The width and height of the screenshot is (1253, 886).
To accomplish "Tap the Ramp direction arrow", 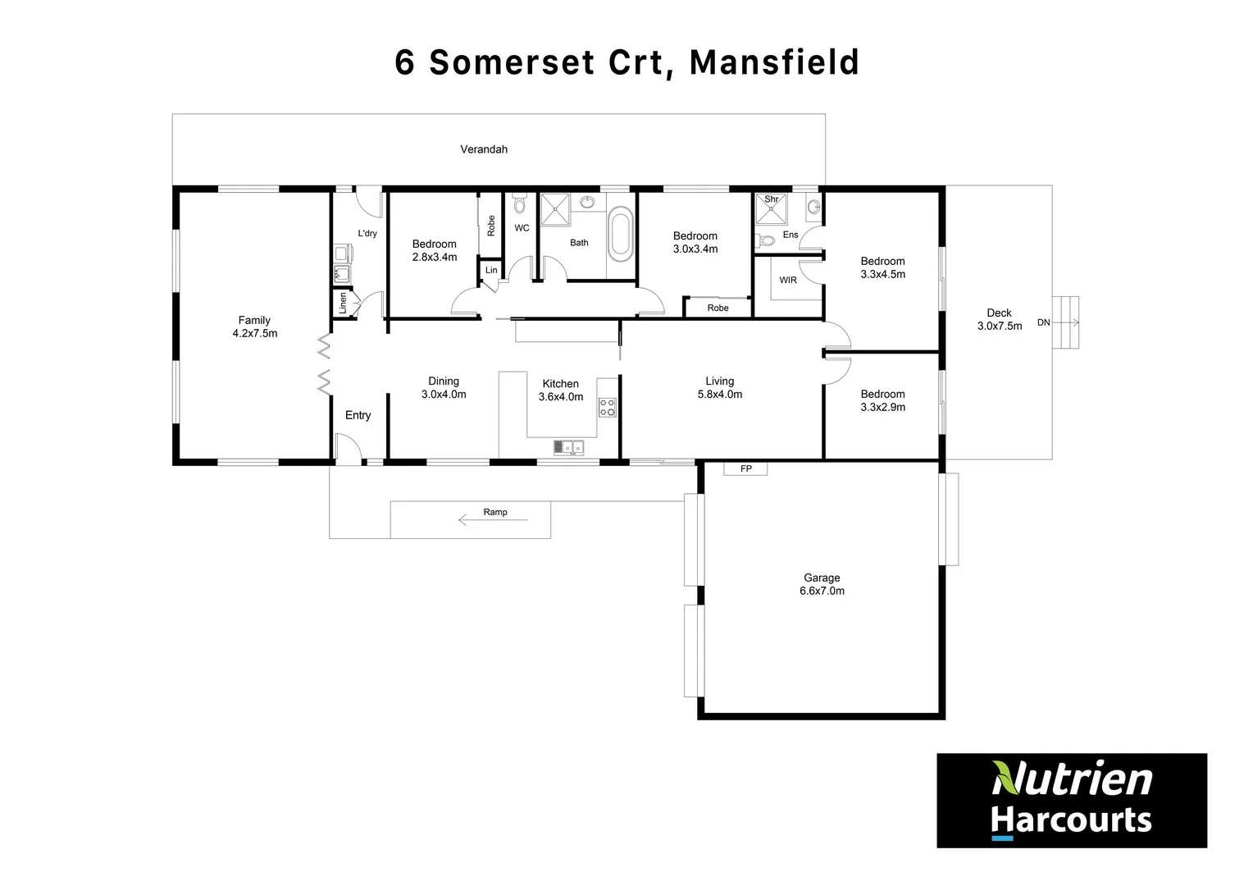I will (x=492, y=519).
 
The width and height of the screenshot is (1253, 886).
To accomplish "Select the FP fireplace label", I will (x=746, y=469).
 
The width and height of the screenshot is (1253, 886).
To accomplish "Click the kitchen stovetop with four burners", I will (x=607, y=407).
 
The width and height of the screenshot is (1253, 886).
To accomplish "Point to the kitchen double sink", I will (x=567, y=447).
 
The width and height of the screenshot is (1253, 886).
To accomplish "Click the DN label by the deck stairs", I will (x=1043, y=322).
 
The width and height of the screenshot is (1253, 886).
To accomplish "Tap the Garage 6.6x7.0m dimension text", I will (x=822, y=591).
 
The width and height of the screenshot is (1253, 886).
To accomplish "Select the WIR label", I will (x=788, y=280).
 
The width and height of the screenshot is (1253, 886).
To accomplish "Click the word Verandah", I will (x=484, y=149).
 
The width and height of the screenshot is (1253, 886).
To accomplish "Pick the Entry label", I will (x=358, y=415).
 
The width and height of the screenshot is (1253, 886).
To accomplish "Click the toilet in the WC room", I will (x=518, y=204).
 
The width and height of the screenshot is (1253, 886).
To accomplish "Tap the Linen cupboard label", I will (x=343, y=303).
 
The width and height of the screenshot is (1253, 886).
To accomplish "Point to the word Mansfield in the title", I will (x=774, y=62).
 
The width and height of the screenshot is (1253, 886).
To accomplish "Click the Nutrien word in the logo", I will (x=1072, y=779).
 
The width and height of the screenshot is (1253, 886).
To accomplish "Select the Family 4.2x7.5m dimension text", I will (x=255, y=334).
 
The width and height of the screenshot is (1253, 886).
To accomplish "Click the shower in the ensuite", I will (x=771, y=209).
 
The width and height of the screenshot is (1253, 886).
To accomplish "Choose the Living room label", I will (x=719, y=381).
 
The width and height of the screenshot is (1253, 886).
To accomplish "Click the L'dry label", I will (x=367, y=234).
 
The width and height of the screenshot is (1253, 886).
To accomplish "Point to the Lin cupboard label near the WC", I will (x=491, y=270).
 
